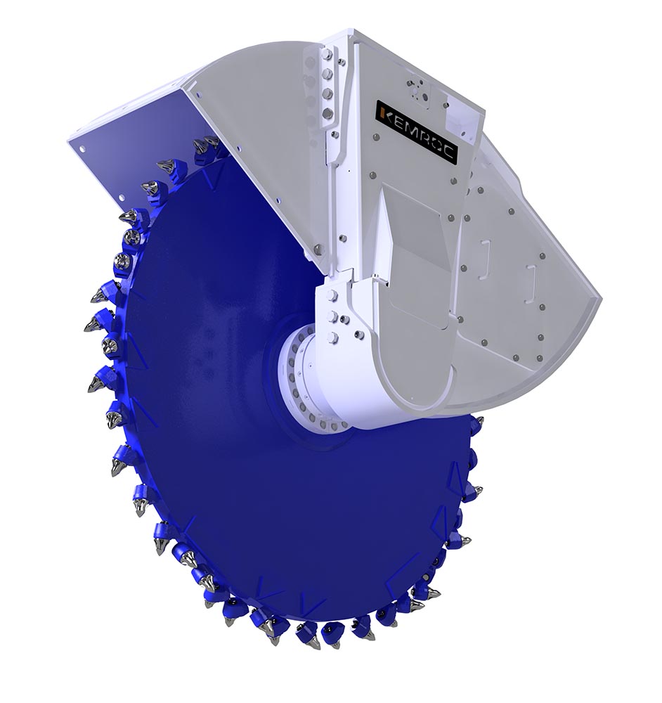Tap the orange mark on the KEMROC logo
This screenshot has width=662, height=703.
point(382,112)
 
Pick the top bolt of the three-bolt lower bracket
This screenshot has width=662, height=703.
point(332,295)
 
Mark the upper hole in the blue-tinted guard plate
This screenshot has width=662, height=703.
point(83,150)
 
